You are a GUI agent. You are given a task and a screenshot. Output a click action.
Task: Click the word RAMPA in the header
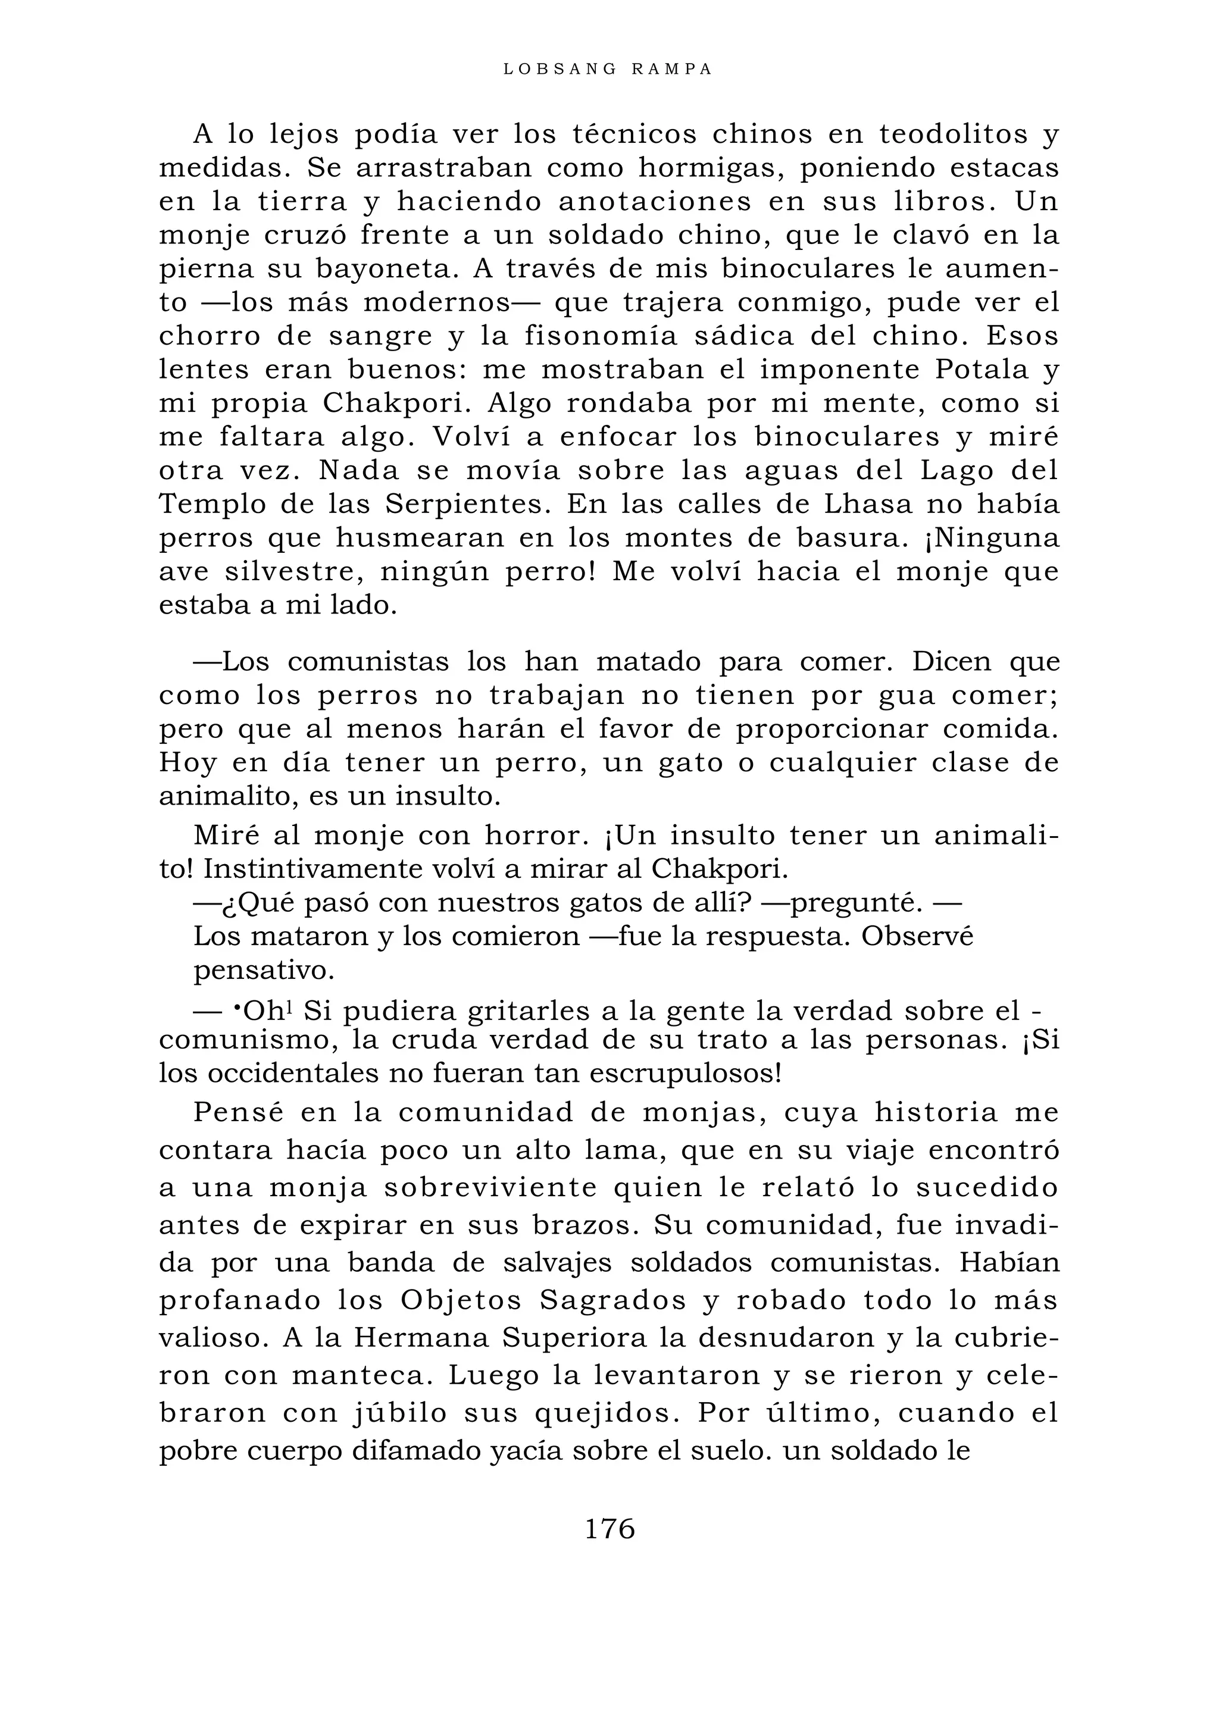click(672, 69)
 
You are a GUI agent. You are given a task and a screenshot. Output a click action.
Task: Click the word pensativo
click(264, 971)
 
